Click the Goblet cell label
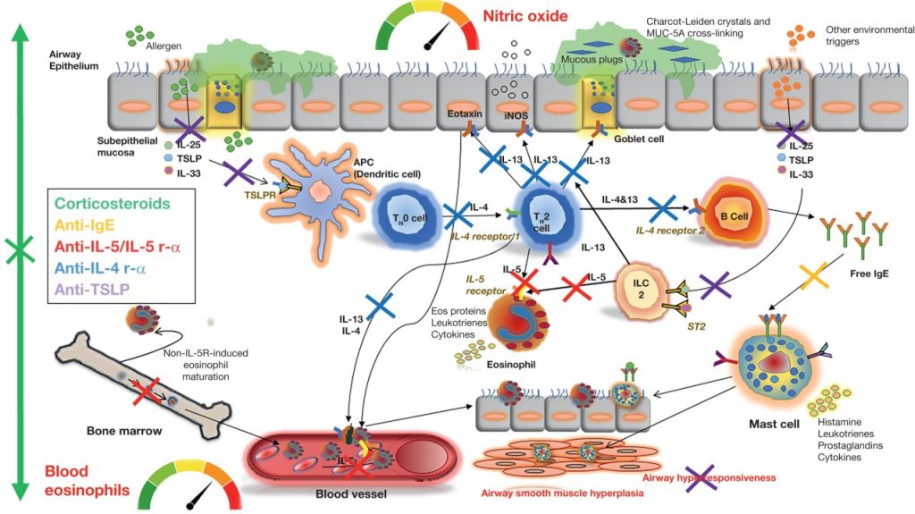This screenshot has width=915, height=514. [637, 139]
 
